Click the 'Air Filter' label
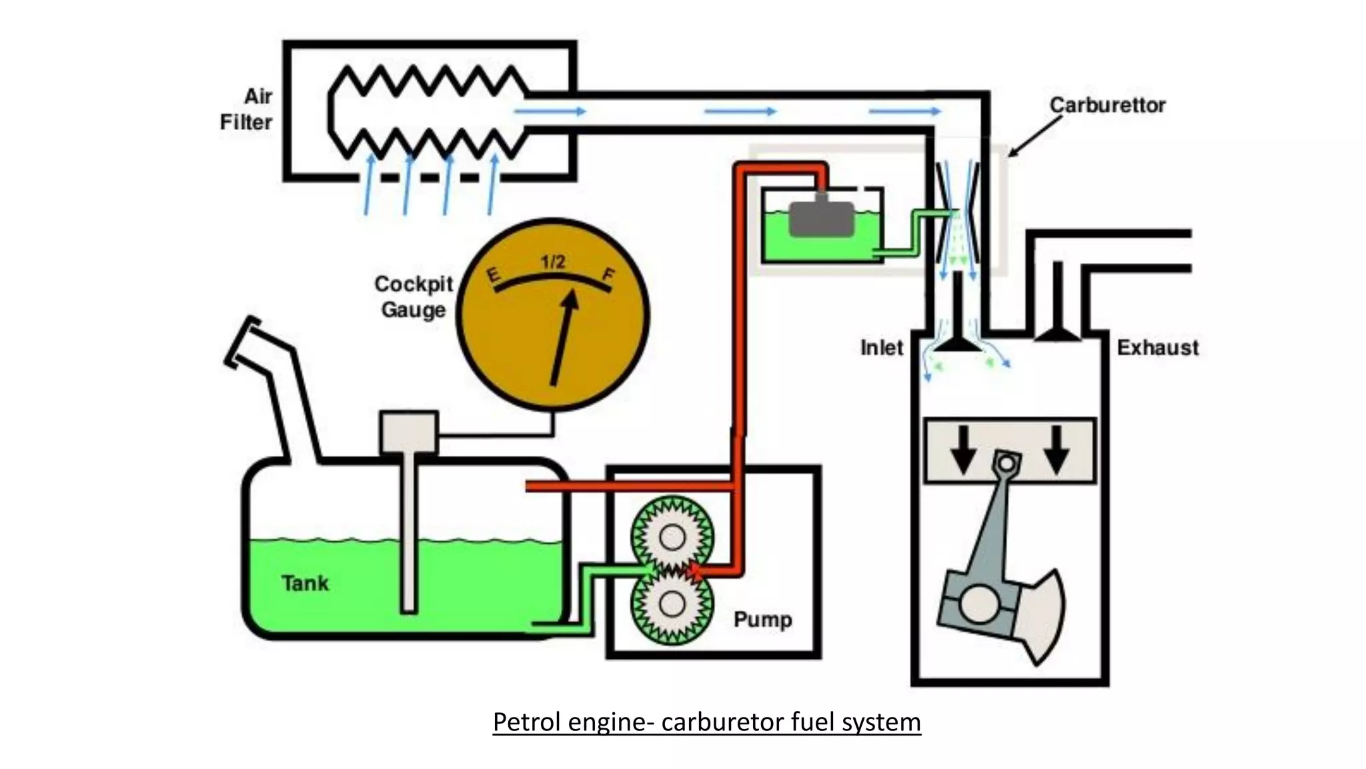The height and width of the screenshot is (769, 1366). pyautogui.click(x=246, y=109)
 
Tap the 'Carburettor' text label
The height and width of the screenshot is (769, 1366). pyautogui.click(x=1107, y=105)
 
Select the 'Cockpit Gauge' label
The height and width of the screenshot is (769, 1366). pyautogui.click(x=414, y=296)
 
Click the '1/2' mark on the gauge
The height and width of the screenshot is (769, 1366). pyautogui.click(x=553, y=262)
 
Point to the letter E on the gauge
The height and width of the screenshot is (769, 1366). pyautogui.click(x=494, y=275)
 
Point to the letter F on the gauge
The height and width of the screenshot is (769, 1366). pyautogui.click(x=608, y=274)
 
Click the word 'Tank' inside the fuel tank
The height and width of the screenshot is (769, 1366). pyautogui.click(x=305, y=583)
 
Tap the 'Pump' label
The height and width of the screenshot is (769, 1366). pyautogui.click(x=762, y=619)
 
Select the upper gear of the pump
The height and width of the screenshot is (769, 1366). pyautogui.click(x=672, y=536)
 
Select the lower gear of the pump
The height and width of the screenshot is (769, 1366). pyautogui.click(x=672, y=605)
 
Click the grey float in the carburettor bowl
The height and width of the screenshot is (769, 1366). pyautogui.click(x=821, y=218)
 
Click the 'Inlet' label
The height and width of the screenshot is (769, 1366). pyautogui.click(x=881, y=348)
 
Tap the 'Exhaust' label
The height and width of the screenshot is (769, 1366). pyautogui.click(x=1157, y=348)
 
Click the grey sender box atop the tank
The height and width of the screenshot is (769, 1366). pyautogui.click(x=409, y=432)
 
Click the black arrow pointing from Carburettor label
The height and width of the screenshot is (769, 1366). pyautogui.click(x=1034, y=137)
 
